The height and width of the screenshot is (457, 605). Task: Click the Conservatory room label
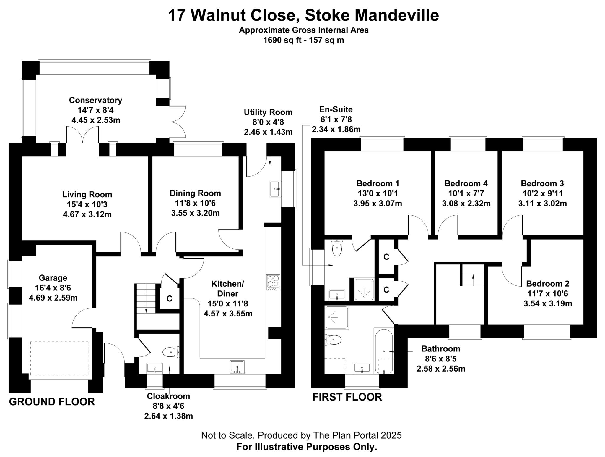(95, 100)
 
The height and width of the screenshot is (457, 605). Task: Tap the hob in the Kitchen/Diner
(273, 282)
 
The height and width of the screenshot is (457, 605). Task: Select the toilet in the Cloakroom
(171, 352)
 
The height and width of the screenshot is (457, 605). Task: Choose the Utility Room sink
(275, 189)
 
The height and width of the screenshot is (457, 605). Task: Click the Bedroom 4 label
(466, 183)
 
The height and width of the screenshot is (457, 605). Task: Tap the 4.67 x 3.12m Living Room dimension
(87, 214)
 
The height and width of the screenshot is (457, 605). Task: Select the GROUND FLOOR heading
(52, 402)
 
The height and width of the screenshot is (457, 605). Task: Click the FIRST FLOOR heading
(347, 397)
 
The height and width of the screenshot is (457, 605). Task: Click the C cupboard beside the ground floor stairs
(169, 298)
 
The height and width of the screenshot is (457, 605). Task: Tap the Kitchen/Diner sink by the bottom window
(237, 367)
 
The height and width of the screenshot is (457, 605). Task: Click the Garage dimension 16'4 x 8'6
(53, 288)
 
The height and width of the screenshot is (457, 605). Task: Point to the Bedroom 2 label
(548, 284)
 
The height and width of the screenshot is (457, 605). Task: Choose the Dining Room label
(195, 193)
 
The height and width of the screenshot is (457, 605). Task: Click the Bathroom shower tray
(337, 318)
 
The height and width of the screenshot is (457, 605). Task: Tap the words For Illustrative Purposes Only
(307, 447)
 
